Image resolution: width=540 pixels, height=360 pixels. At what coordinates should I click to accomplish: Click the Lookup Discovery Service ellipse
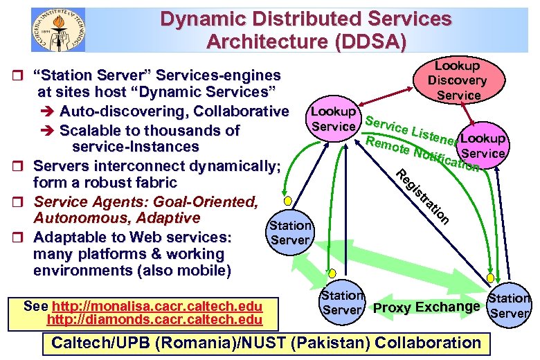tap(458, 80)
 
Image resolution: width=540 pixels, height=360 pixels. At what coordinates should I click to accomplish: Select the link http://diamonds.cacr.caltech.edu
tap(154, 319)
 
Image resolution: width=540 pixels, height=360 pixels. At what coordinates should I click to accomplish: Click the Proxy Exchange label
tap(426, 307)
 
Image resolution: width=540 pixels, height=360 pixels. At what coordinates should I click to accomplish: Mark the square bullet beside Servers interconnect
tap(21, 166)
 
